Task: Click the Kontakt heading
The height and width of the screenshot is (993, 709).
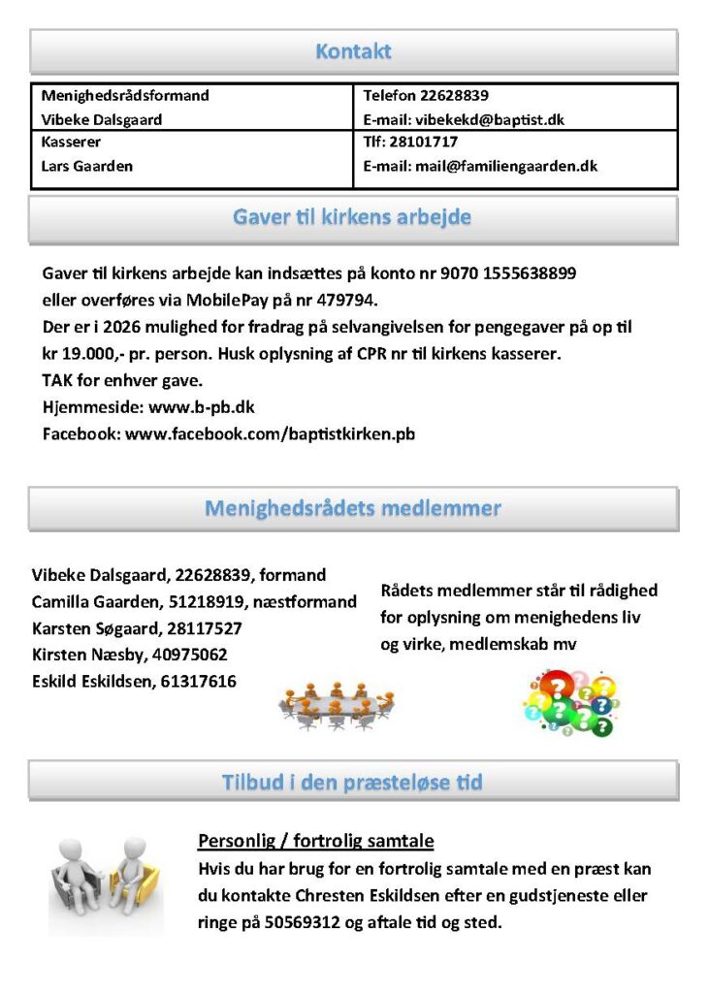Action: pos(353,51)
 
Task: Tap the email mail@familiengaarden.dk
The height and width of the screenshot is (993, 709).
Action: pos(505,166)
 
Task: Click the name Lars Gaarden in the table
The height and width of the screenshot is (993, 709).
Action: pos(87,166)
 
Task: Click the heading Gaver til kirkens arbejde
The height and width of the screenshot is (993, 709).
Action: pos(352,217)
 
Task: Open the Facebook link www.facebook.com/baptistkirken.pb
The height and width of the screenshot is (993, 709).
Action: pos(270,433)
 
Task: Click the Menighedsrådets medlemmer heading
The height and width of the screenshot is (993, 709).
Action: pos(353,508)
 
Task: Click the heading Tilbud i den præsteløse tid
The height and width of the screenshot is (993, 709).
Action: pos(352,782)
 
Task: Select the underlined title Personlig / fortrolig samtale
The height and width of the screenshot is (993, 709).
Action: pos(315,841)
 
